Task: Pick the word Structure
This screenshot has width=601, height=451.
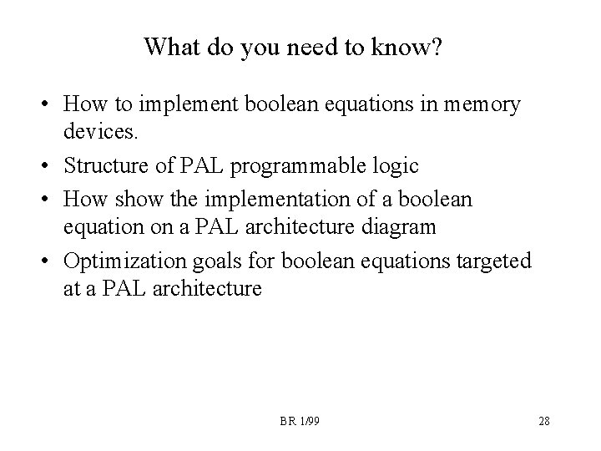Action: click(x=104, y=167)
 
